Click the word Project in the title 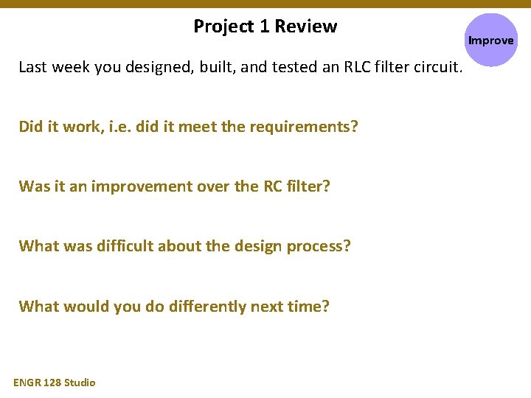223,27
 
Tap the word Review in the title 305,27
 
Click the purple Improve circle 490,41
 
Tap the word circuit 437,68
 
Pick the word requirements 302,127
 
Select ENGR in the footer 27,382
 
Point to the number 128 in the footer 52,382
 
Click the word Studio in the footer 80,382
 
